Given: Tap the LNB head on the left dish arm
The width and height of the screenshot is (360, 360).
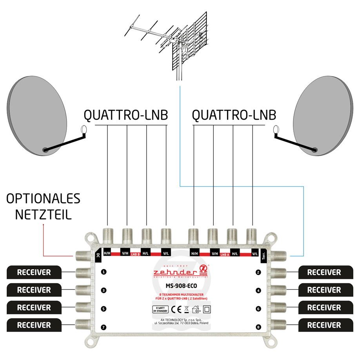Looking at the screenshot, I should [x=83, y=129].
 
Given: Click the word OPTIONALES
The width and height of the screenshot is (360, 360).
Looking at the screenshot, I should [x=43, y=199].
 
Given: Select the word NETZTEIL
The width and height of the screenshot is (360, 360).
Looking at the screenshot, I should [x=43, y=215].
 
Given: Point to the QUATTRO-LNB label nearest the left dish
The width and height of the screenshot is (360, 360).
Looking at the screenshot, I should [x=125, y=115].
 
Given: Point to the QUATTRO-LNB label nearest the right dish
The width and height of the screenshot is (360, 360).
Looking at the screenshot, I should [x=234, y=115].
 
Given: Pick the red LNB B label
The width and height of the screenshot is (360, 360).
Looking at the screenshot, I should [x=136, y=255].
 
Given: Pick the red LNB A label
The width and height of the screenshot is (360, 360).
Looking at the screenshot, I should [x=225, y=255].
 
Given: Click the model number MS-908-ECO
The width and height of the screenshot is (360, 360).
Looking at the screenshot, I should [x=180, y=285].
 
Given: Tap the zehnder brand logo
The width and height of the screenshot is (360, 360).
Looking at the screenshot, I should [x=180, y=272].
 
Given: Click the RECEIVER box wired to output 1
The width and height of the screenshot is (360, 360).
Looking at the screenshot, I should [x=34, y=272].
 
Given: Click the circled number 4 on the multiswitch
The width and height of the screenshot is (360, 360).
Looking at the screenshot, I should [x=257, y=291].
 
